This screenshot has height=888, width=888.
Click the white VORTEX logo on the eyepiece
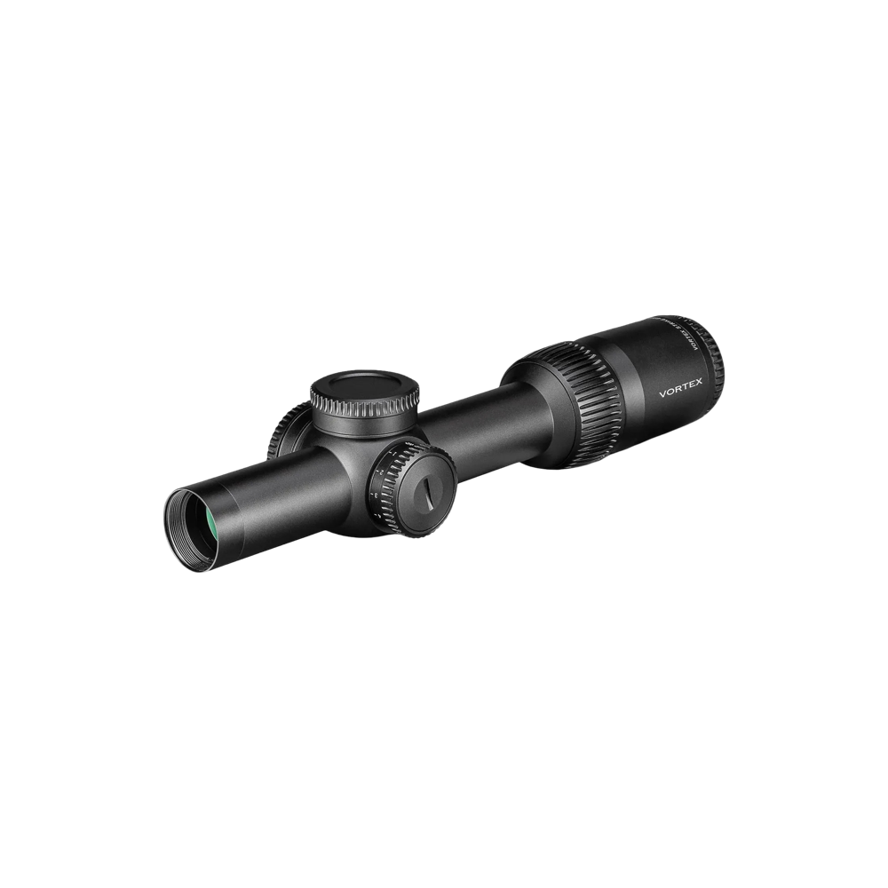coord(681,390)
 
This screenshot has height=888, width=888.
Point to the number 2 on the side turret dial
coord(379,486)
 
